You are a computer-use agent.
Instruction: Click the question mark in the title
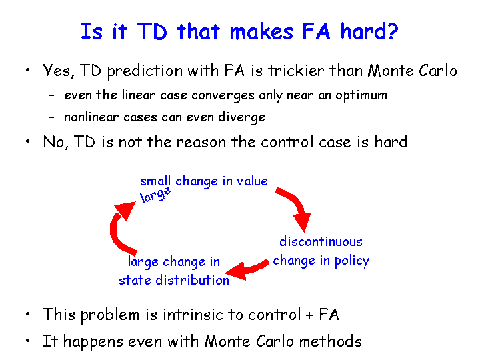click(391, 31)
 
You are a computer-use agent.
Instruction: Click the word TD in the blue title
click(152, 31)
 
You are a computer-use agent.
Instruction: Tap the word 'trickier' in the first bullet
click(296, 71)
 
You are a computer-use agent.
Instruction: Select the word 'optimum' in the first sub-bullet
click(361, 96)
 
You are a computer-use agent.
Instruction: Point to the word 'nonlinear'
click(91, 117)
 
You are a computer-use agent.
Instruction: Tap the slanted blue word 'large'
click(155, 195)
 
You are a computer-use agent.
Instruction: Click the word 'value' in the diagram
click(252, 181)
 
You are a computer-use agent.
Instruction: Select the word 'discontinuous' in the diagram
click(321, 241)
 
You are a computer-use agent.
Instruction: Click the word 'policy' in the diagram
click(352, 261)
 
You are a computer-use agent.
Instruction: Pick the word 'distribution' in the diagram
click(192, 280)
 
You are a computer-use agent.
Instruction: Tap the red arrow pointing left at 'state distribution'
click(247, 269)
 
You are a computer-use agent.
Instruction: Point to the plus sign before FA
click(309, 315)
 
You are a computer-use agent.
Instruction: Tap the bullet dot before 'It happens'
click(28, 340)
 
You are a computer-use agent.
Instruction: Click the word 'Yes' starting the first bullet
click(58, 71)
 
